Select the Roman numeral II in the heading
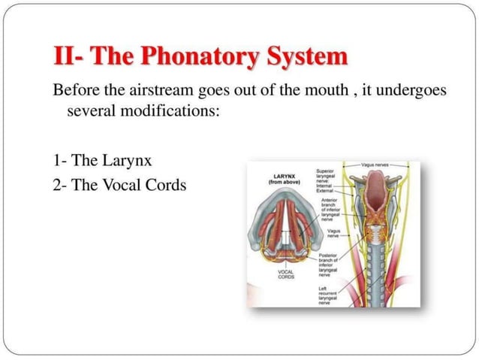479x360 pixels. pos(65,57)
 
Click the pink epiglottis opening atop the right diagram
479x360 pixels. pos(375,185)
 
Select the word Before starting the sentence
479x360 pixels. pos(75,91)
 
